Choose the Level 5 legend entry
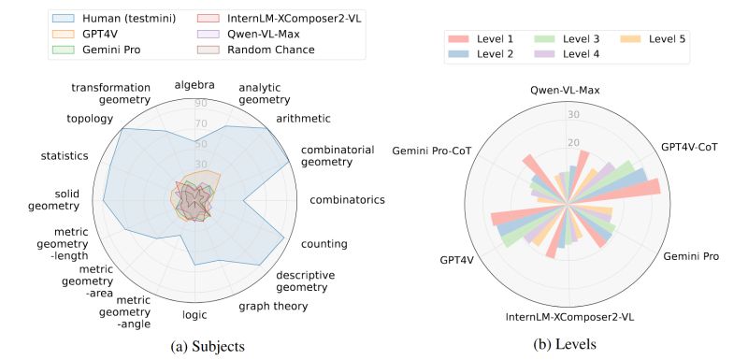[x=660, y=38]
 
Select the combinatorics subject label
[x=347, y=199]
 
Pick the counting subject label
[x=324, y=244]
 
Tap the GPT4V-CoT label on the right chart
[x=696, y=146]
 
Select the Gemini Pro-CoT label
[x=431, y=151]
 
